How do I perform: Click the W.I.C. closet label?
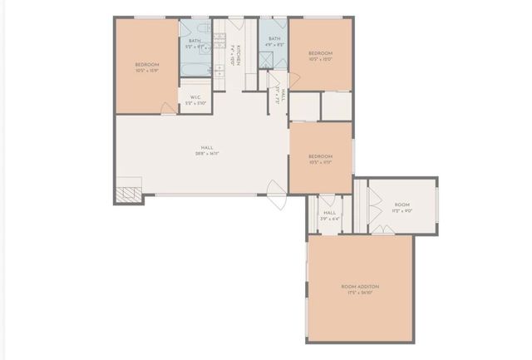tap(195, 97)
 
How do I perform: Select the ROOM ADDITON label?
tap(360, 287)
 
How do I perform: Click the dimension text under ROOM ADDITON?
tap(360, 293)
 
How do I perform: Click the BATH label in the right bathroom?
tap(273, 38)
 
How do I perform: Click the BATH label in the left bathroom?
tap(195, 41)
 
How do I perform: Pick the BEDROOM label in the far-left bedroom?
tap(147, 64)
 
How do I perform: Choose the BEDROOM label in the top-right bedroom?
tap(321, 52)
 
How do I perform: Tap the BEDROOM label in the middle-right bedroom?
tap(321, 156)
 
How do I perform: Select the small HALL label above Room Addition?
tap(329, 213)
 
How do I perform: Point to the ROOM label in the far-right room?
tap(402, 205)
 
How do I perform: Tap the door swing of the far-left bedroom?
tap(168, 109)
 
